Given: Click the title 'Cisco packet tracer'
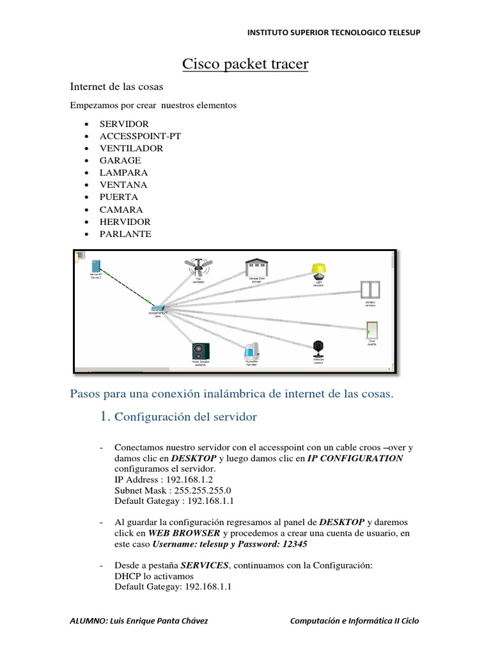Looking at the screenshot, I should [x=245, y=65].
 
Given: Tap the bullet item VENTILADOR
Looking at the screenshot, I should [x=131, y=148].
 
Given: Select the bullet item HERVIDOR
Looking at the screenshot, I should [x=125, y=222].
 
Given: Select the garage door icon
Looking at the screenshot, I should [x=257, y=266].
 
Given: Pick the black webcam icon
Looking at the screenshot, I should [x=318, y=349].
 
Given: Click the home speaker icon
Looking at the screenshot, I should [x=200, y=351].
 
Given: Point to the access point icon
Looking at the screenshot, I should [x=157, y=309].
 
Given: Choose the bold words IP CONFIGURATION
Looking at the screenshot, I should [x=355, y=458].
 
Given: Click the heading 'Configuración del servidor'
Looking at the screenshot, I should [x=185, y=417].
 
